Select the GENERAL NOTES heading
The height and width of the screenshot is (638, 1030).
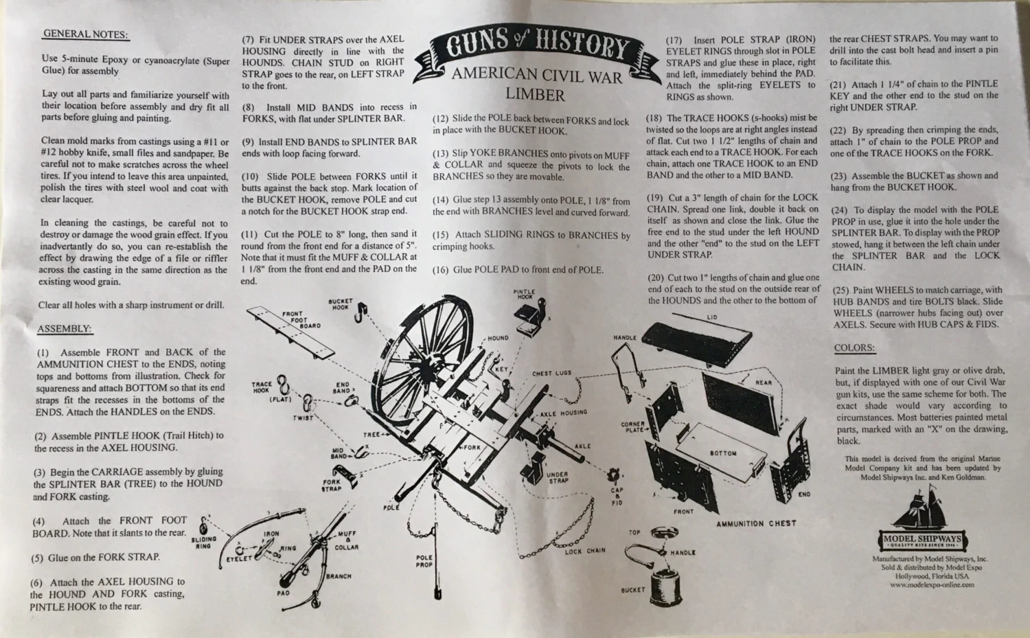click(86, 34)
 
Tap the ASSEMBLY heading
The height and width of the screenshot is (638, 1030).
click(65, 328)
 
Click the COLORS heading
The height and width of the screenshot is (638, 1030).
click(854, 348)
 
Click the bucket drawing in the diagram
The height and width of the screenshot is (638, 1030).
click(666, 586)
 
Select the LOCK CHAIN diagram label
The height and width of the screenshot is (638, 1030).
click(585, 551)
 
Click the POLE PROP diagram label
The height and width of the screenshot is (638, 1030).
click(424, 560)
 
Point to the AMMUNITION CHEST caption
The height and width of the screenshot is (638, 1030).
click(756, 523)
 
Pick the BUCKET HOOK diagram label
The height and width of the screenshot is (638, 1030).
click(341, 304)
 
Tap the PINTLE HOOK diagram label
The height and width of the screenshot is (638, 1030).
click(524, 294)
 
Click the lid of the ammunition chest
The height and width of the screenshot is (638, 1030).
click(697, 337)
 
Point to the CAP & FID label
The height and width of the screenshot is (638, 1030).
click(617, 497)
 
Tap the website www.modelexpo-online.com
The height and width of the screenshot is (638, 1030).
click(932, 585)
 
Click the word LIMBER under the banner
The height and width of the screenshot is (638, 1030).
click(535, 95)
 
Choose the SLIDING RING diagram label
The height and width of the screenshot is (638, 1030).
click(203, 543)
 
